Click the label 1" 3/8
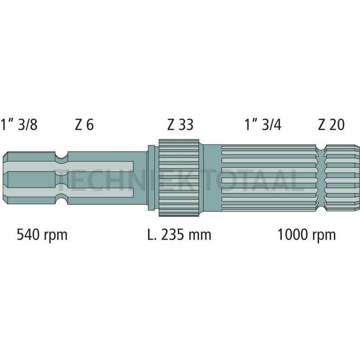(21, 125)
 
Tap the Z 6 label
(84, 125)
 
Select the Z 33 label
(180, 125)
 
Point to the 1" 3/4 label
(263, 125)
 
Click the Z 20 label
(331, 125)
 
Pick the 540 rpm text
(42, 235)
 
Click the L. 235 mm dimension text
(179, 235)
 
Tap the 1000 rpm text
(306, 235)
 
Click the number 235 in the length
(175, 235)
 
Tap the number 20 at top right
(337, 125)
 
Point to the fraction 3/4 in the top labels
(271, 125)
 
